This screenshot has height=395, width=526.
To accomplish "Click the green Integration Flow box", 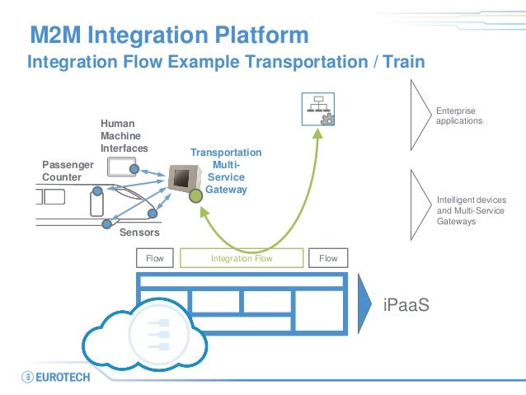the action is click(242, 258).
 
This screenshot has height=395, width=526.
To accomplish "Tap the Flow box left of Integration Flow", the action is click(155, 258).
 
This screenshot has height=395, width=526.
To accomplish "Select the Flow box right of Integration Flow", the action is click(328, 258).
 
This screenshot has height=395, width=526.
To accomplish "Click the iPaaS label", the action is click(406, 305).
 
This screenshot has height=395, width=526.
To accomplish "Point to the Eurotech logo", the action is click(56, 377).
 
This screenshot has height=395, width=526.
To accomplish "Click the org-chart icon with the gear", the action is click(318, 109).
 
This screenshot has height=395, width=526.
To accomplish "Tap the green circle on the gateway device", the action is click(195, 196).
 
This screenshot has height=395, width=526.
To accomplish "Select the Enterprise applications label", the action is click(459, 115).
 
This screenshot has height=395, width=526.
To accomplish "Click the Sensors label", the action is click(139, 233).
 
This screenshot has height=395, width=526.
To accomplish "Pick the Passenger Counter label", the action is click(68, 171).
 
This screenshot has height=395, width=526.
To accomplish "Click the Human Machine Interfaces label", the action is click(124, 135).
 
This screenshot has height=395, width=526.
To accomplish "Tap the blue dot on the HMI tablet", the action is click(134, 169).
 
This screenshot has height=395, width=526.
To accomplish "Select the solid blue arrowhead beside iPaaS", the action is click(364, 303).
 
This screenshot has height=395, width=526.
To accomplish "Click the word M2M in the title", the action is click(55, 35).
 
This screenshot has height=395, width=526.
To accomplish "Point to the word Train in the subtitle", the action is click(403, 62).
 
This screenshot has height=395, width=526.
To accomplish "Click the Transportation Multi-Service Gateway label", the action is click(226, 171).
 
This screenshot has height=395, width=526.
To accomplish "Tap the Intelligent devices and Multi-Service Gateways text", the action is click(472, 210).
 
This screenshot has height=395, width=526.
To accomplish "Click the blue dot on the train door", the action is click(97, 191).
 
